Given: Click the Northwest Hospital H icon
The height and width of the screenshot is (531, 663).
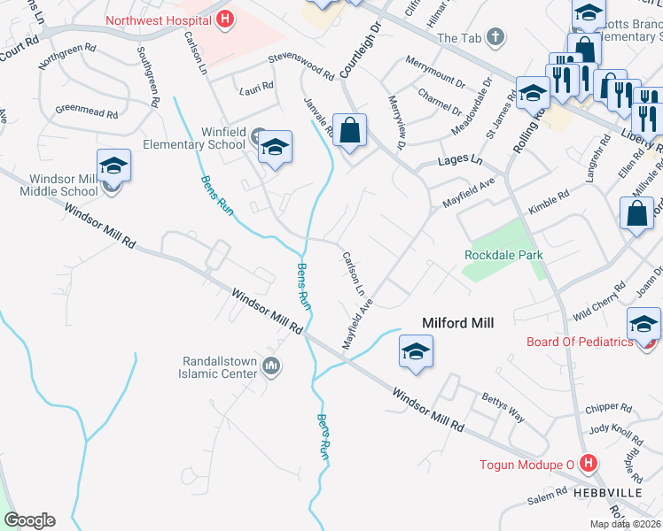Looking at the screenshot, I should tap(225, 18).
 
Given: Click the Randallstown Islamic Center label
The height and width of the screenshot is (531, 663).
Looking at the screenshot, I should tap(207, 367).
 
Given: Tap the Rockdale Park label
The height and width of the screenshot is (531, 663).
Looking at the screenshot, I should tap(503, 255).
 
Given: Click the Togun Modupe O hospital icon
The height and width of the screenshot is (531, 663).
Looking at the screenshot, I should tap(586, 462).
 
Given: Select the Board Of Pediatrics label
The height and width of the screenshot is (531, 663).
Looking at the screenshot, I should tap(580, 342).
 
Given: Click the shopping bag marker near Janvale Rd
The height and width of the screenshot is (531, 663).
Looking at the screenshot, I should tap(350, 131).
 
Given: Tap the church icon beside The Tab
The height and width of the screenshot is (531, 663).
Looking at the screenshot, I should tap(495, 38).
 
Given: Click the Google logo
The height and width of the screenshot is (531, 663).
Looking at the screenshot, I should tap(29, 520).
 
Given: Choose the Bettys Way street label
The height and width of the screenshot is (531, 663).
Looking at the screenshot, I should tap(503, 406).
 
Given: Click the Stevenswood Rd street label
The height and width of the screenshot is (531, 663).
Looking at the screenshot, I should tap(301, 66).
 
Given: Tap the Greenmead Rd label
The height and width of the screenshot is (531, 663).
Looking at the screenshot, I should tap(86, 112).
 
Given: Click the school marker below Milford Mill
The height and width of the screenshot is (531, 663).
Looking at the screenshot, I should tap(415, 351).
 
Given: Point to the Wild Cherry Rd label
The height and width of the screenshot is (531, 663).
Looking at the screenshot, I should tap(593, 309).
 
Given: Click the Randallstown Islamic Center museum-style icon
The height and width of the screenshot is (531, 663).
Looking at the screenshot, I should tap(272, 366).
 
